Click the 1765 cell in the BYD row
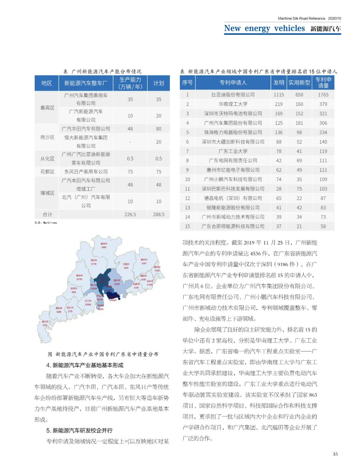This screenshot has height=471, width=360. coord(323,95)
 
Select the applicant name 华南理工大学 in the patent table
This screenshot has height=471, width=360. coord(233,104)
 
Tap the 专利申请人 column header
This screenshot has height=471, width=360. coord(233,83)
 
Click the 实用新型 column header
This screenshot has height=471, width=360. coord(299,83)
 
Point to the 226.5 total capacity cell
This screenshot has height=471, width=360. coord(130,215)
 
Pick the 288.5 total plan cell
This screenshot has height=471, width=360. coord(159,215)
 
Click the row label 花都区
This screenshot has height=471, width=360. coord(47,172)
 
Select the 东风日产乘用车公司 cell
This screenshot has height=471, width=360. coord(86,172)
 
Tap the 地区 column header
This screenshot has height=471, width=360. coord(47,83)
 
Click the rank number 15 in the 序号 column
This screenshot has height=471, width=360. coord(187,226)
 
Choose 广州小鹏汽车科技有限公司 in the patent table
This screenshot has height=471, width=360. coord(233,179)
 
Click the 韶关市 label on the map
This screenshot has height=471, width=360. coord(104,245)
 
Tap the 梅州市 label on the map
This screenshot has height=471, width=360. coord(144,261)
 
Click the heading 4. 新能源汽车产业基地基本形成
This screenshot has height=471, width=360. coord(85,365)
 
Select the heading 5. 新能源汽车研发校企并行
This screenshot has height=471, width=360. coord(79,430)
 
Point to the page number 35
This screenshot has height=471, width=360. coord(335,454)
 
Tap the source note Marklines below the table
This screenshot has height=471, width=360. coord(46,223)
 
